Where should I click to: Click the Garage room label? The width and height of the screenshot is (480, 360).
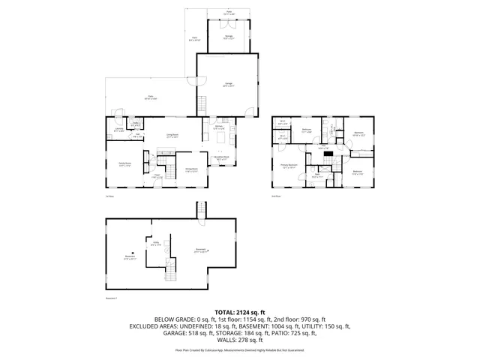coord(228,85)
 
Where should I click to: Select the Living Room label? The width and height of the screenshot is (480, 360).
coord(172,136)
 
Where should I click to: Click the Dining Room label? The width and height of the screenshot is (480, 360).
coord(192,170)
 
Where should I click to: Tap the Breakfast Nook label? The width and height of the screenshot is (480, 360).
coord(222,159)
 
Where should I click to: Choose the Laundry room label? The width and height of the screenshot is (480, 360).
coord(118,130)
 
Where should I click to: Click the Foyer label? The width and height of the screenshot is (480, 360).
coord(158,176)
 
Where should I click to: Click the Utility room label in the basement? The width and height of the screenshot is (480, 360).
coord(157,243)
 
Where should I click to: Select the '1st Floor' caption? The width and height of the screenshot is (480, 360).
coord(109,196)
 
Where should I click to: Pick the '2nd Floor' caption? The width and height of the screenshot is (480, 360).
coord(277,196)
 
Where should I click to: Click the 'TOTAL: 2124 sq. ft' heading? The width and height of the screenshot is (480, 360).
coord(240,311)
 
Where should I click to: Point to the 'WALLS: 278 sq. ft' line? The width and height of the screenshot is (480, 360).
coord(240,341)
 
